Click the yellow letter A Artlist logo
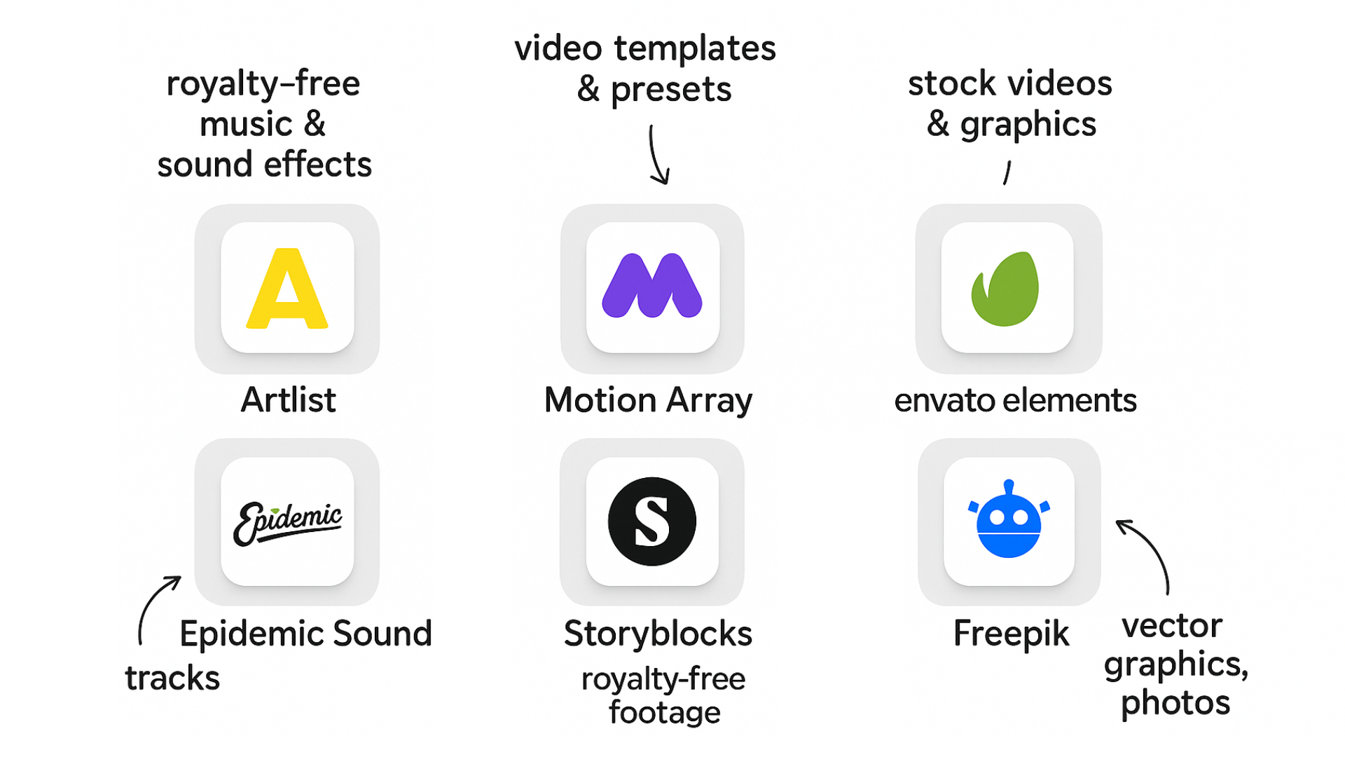point(287,288)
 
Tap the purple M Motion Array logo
point(652,286)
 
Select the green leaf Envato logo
point(1005,289)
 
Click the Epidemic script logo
point(287,522)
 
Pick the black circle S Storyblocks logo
point(651,521)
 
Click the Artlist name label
point(288,400)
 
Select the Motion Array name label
point(648,401)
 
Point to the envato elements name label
point(1015,401)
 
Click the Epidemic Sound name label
point(305,634)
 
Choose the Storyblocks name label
point(658,634)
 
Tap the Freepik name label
point(1011,634)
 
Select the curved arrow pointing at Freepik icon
point(1149,554)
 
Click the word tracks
point(172,678)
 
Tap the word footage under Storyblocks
point(664,712)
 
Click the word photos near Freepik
point(1175,703)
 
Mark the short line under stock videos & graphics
point(1007,172)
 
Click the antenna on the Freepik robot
point(1009,486)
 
